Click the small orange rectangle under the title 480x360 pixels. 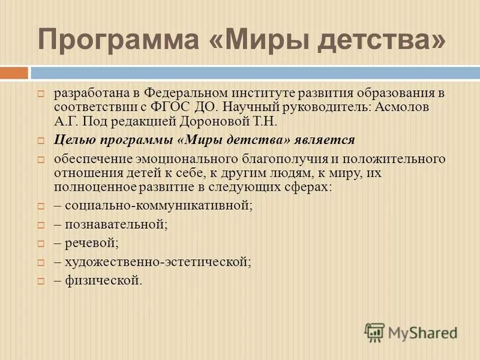(14, 73)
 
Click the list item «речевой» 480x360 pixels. (91, 244)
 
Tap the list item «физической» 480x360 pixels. (103, 280)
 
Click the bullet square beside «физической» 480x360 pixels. (41, 281)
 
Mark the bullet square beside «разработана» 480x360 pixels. (41, 95)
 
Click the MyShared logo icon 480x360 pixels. (374, 332)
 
